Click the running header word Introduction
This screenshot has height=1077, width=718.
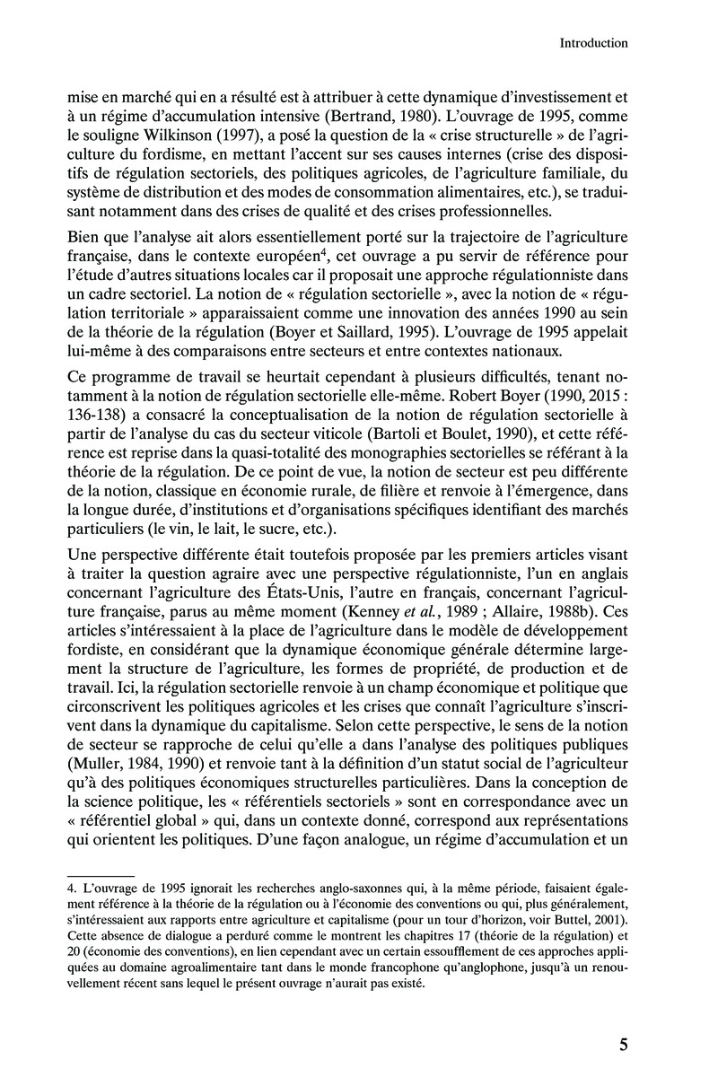(592, 42)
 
